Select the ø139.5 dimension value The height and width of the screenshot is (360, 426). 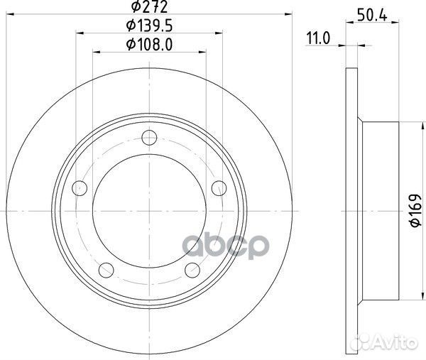coord(148,27)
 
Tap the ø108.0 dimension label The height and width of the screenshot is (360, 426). coord(148,45)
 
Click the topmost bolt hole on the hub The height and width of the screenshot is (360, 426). coord(148,138)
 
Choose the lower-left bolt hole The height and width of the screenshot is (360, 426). coord(106,269)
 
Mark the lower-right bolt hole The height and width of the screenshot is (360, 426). coord(192,269)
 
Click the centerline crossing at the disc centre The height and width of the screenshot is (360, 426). coord(148,211)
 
